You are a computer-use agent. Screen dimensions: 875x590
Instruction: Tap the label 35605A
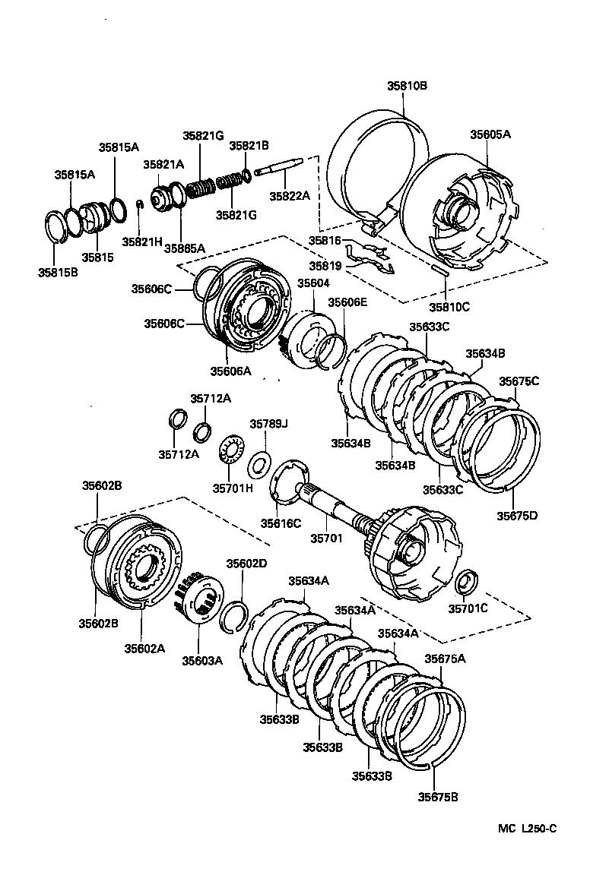tap(490, 134)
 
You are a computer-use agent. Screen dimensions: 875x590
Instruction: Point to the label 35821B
tap(249, 145)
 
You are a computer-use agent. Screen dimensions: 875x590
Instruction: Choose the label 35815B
tap(59, 271)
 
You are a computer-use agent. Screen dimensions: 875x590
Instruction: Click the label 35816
tap(323, 241)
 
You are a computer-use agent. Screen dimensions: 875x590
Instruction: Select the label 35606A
tap(230, 371)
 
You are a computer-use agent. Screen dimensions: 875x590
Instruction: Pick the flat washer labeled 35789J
tap(261, 460)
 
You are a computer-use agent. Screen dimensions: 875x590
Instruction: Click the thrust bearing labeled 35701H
tap(230, 453)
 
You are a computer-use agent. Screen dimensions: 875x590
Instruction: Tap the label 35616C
tap(281, 523)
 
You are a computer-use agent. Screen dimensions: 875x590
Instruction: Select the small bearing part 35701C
tap(466, 583)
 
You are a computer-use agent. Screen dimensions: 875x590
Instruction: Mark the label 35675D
tap(517, 515)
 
